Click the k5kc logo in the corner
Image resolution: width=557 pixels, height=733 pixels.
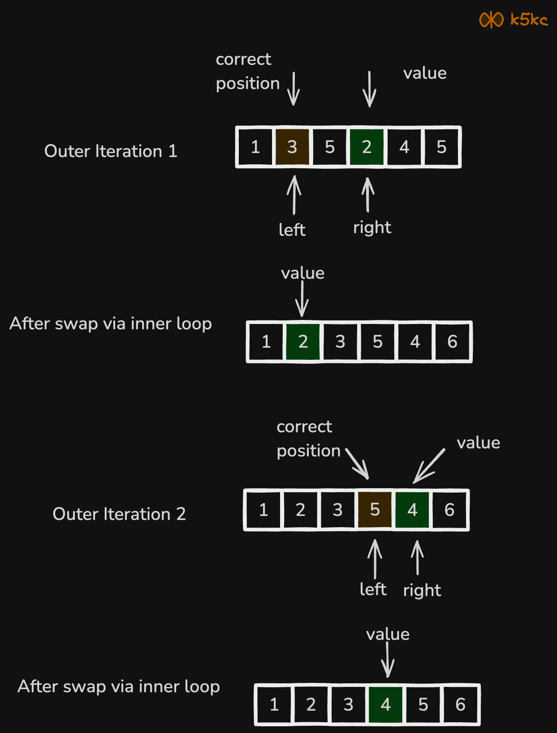click(x=514, y=20)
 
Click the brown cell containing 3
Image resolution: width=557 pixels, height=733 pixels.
click(x=292, y=147)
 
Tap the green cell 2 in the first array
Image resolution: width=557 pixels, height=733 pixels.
click(x=367, y=147)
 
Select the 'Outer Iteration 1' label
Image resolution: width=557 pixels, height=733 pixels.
click(x=111, y=151)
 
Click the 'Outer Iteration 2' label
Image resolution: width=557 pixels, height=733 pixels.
click(x=119, y=514)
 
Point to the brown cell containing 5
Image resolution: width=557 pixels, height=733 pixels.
click(x=375, y=510)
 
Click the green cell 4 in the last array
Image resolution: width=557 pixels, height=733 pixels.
click(x=385, y=704)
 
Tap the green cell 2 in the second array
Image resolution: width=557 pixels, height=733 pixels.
click(x=303, y=342)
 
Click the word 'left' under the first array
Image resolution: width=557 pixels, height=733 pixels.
click(x=292, y=230)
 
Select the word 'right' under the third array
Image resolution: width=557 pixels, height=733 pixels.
click(x=422, y=591)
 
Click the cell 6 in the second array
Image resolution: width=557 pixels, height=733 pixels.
click(x=452, y=342)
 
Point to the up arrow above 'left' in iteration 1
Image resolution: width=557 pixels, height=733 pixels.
click(x=294, y=195)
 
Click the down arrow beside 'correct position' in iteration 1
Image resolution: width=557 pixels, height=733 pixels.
click(x=294, y=89)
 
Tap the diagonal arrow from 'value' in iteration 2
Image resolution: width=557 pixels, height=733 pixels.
click(x=428, y=466)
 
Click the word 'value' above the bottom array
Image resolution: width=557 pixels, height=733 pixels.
click(x=388, y=634)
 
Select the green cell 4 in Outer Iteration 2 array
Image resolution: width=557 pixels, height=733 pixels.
click(x=412, y=510)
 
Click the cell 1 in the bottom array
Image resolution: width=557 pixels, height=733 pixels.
click(x=274, y=704)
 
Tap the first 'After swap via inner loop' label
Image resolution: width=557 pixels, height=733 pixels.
click(x=111, y=324)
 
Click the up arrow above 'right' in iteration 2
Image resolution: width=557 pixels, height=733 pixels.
click(x=417, y=558)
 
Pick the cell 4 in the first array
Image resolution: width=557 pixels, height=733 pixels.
click(x=404, y=147)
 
